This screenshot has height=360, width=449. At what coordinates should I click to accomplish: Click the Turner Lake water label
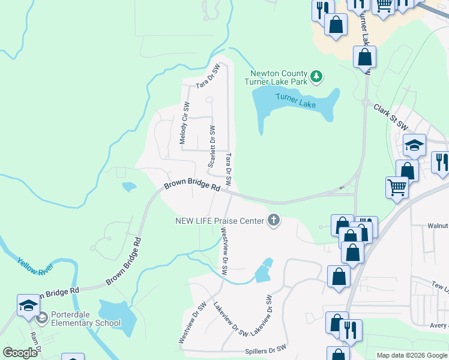pyautogui.click(x=295, y=100)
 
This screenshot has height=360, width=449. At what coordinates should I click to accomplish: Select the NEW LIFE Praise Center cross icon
pyautogui.click(x=274, y=220)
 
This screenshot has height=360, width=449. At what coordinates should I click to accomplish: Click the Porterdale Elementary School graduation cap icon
pyautogui.click(x=28, y=306)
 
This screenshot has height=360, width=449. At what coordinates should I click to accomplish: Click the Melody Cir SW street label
pyautogui.click(x=184, y=123)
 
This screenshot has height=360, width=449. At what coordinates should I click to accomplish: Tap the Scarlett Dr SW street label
pyautogui.click(x=211, y=147)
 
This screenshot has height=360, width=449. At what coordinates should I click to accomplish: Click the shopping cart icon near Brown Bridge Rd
pyautogui.click(x=397, y=187)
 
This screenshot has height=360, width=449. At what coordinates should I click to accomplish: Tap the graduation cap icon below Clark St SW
pyautogui.click(x=414, y=145)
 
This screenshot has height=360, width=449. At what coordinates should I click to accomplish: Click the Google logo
pyautogui.click(x=20, y=353)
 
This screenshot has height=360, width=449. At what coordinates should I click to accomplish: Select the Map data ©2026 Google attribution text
pyautogui.click(x=411, y=355)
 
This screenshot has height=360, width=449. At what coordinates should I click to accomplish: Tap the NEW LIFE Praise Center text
pyautogui.click(x=220, y=221)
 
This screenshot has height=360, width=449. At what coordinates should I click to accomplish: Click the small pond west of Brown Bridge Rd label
pyautogui.click(x=129, y=187)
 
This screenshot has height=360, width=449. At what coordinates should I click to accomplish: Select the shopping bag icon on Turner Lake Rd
pyautogui.click(x=364, y=58)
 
